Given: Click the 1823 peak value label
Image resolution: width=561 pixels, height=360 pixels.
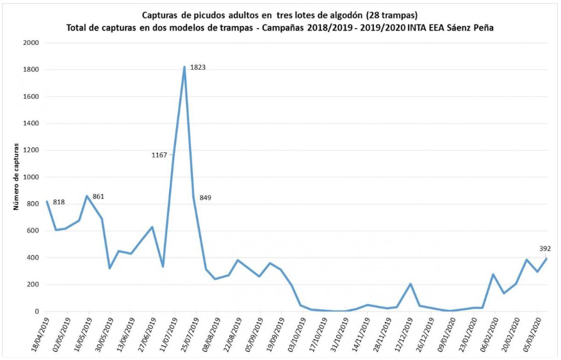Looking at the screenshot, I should tap(197, 67).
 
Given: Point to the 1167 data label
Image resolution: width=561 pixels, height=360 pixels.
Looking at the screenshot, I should tap(159, 155).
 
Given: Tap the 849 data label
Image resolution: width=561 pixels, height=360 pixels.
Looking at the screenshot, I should tap(205, 197).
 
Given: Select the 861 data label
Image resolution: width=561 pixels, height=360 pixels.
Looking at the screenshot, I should tap(98, 196).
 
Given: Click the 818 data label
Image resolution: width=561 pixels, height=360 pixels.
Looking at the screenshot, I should tap(59, 202).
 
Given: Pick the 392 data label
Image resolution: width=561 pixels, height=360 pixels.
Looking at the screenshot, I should tap(545, 249).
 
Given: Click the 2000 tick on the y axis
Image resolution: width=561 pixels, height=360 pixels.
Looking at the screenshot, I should tap(31, 43).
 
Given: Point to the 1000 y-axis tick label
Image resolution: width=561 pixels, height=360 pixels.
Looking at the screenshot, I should tap(31, 177).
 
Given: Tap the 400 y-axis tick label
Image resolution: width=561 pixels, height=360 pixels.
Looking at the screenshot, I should tap(33, 258).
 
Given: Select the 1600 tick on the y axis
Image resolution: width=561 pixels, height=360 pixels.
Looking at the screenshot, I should tap(31, 97).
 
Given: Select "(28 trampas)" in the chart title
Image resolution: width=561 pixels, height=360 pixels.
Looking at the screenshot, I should tap(392, 15).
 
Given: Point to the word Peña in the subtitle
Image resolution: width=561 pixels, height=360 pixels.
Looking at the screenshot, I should tap(480, 28).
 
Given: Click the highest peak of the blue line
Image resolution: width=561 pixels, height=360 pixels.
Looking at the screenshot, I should tap(184, 67).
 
